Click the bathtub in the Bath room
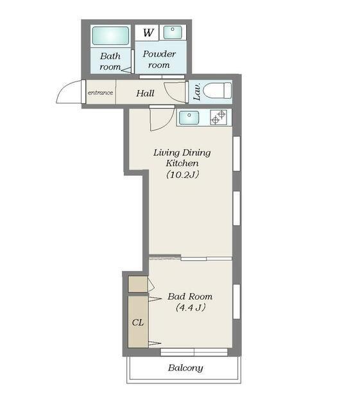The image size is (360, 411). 110,36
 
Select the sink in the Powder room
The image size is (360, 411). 173,33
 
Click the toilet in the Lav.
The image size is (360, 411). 217,91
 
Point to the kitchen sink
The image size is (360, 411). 189,118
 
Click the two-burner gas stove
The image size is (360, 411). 219,117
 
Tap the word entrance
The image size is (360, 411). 100,92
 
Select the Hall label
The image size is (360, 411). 145,93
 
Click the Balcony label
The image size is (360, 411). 185,368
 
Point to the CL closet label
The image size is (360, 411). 138,322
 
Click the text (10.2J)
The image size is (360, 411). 183,174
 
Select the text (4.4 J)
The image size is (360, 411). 191,307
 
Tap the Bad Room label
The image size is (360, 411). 190,297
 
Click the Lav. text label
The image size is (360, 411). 197,91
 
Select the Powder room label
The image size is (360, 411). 159,60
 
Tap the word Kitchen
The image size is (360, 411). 182,163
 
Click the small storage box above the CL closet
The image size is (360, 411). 138,284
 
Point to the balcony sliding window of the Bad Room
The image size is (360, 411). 194,352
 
